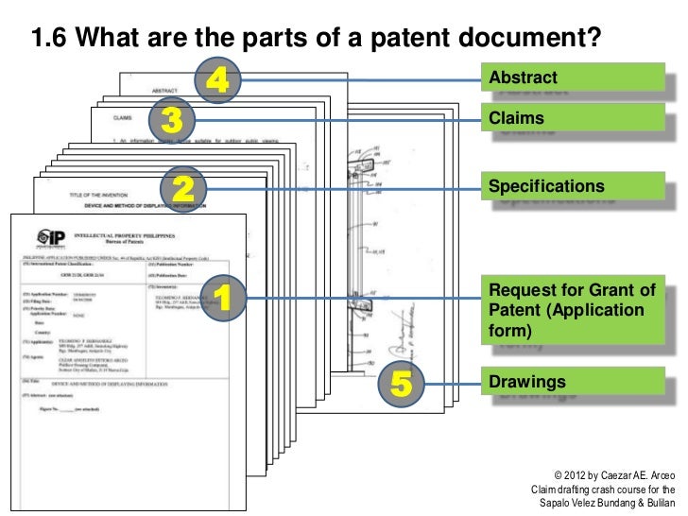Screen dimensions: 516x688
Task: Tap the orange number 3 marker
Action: pyautogui.click(x=171, y=120)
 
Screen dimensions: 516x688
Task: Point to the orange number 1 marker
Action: pyautogui.click(x=224, y=300)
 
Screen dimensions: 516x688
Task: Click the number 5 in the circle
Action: pyautogui.click(x=401, y=383)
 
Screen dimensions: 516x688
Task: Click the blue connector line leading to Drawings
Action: pyautogui.click(x=452, y=383)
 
